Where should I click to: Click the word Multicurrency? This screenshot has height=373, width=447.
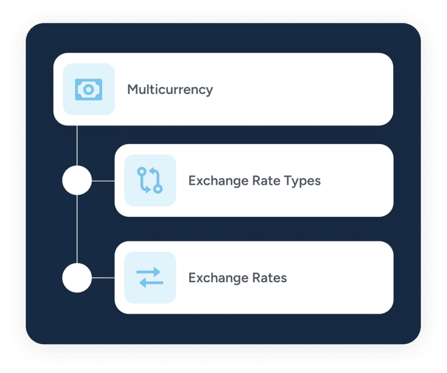(170, 90)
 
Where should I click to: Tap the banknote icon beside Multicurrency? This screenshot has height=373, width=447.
(89, 89)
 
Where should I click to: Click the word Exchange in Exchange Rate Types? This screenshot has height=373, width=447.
(218, 181)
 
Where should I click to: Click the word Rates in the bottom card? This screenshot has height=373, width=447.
(270, 278)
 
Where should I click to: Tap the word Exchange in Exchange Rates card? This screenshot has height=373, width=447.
(218, 278)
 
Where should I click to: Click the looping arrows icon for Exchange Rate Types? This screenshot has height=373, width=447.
(150, 180)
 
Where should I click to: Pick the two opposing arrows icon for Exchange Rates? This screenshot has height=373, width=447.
(150, 277)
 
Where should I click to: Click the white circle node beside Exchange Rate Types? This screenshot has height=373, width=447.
(77, 180)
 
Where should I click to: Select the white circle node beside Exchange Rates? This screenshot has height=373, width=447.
(77, 278)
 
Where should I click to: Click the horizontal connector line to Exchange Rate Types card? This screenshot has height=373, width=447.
(103, 181)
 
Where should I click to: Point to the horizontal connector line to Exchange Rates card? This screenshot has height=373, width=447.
(103, 278)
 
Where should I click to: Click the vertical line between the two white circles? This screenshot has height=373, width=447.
(77, 229)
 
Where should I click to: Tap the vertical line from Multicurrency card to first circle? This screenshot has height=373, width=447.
(77, 146)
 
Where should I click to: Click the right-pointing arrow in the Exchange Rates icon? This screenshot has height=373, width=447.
(148, 272)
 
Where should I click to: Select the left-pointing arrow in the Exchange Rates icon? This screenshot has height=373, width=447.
(151, 283)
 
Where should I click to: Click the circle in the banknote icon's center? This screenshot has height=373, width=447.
(89, 89)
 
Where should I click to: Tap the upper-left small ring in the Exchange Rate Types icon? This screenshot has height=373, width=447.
(142, 172)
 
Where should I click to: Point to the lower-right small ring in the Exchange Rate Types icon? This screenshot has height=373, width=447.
(158, 189)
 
